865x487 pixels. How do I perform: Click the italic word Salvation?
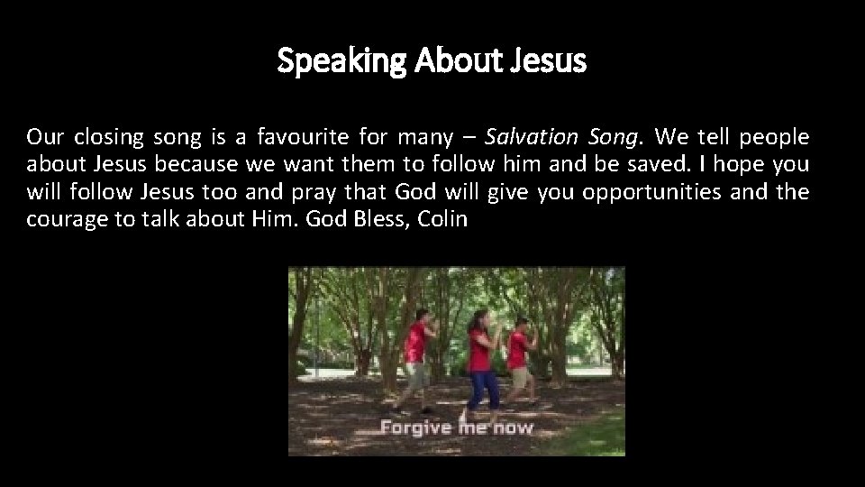[x=531, y=138]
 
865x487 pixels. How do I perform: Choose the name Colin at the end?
[x=443, y=219]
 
